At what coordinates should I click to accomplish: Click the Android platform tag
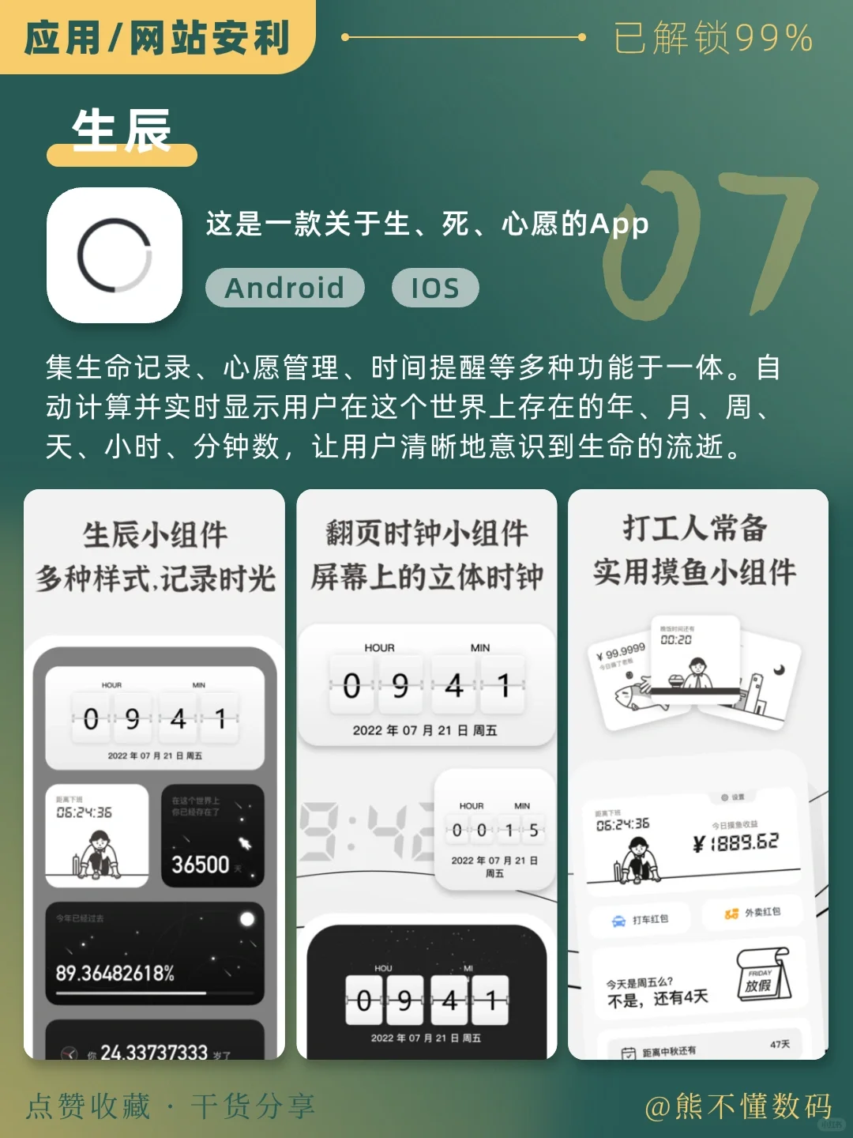(284, 288)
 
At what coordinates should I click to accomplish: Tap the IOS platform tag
(435, 288)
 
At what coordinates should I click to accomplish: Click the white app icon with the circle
(115, 255)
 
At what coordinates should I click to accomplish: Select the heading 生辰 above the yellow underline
(122, 130)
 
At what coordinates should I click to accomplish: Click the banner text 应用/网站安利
(157, 38)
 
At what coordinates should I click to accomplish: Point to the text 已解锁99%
(713, 38)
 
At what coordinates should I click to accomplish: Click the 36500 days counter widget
(212, 836)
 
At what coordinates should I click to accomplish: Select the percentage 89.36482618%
(115, 973)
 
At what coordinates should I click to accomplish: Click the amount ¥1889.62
(735, 842)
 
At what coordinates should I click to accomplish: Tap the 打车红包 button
(641, 919)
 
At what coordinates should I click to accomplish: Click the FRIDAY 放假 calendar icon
(761, 976)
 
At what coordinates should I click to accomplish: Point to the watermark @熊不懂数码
(738, 1106)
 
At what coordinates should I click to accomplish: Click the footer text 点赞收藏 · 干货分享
(171, 1106)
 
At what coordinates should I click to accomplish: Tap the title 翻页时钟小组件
(426, 533)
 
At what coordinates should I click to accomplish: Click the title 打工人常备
(695, 528)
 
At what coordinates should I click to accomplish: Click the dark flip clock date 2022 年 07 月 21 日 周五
(426, 1038)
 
